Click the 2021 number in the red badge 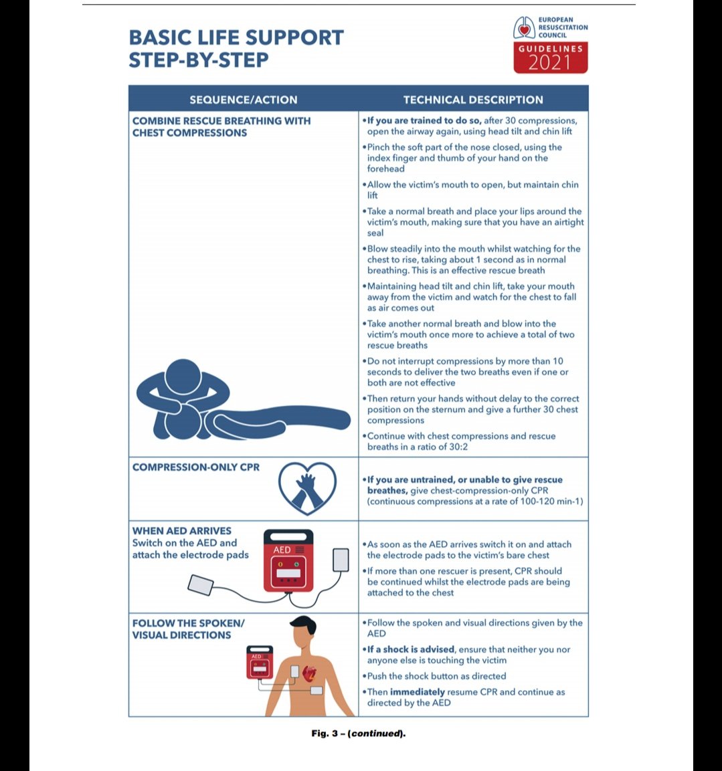click(x=550, y=63)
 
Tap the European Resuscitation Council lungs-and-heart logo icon click(x=524, y=28)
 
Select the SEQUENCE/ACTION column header click(x=243, y=100)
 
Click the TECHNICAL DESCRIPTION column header click(x=473, y=100)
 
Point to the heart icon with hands click(x=307, y=487)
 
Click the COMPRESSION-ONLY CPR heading click(x=196, y=467)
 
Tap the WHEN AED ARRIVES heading click(x=182, y=530)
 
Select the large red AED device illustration click(x=288, y=560)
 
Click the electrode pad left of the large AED click(x=201, y=584)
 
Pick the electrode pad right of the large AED click(x=341, y=560)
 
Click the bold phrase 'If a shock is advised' click(x=411, y=649)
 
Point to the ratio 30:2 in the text click(x=454, y=447)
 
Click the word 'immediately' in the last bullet click(x=418, y=692)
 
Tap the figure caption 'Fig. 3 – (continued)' click(x=359, y=734)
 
